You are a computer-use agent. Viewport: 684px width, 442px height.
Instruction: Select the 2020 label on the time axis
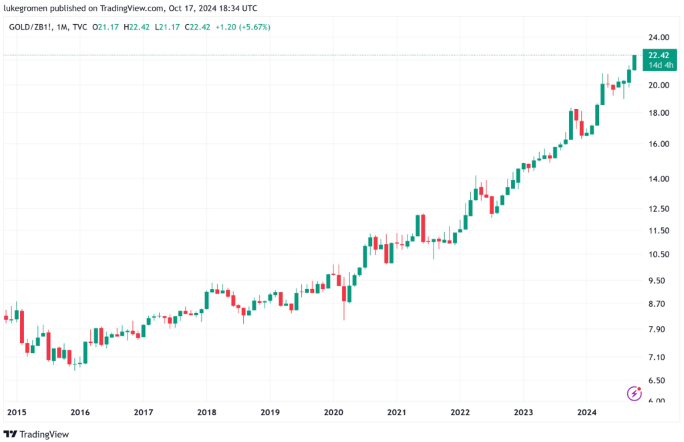tap(333, 412)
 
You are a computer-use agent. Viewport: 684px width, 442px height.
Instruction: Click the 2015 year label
tap(16, 412)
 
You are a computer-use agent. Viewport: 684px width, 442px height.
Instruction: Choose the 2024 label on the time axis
tap(586, 412)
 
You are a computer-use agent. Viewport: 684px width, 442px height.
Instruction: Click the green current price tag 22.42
tap(659, 56)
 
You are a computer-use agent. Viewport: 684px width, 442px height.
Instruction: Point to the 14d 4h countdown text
tap(659, 65)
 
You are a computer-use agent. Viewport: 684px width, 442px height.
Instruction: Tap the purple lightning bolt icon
tap(634, 393)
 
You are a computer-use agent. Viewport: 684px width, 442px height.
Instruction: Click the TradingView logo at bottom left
tap(36, 434)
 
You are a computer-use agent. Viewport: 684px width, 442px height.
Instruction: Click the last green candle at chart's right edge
tap(635, 62)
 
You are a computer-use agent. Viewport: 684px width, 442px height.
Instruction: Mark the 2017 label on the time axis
tap(143, 412)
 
